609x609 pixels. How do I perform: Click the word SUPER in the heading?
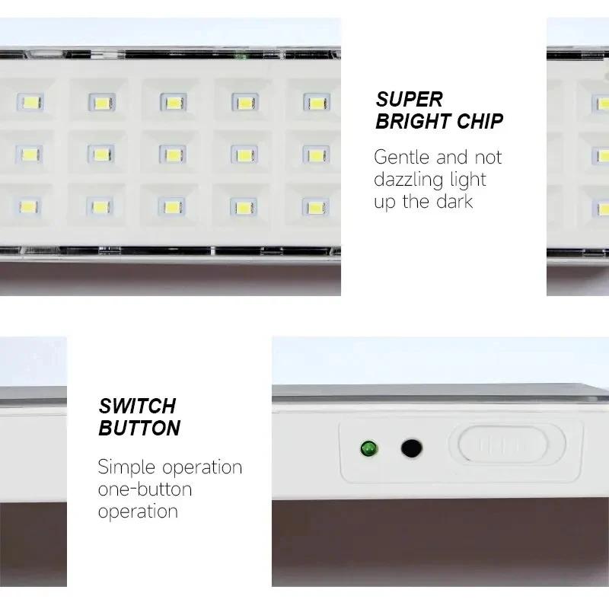click(x=409, y=99)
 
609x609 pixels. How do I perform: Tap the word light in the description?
click(x=467, y=180)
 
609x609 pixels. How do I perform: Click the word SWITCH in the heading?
click(x=137, y=405)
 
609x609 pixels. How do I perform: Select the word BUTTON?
click(x=139, y=428)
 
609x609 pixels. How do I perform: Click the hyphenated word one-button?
click(x=145, y=489)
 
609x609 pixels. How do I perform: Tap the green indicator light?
click(x=369, y=448)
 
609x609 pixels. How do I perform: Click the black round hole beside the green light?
click(x=411, y=448)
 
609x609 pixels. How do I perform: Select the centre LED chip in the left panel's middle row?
click(x=173, y=155)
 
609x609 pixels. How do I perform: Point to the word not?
click(x=489, y=158)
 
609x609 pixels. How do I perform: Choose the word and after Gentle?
click(x=452, y=158)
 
